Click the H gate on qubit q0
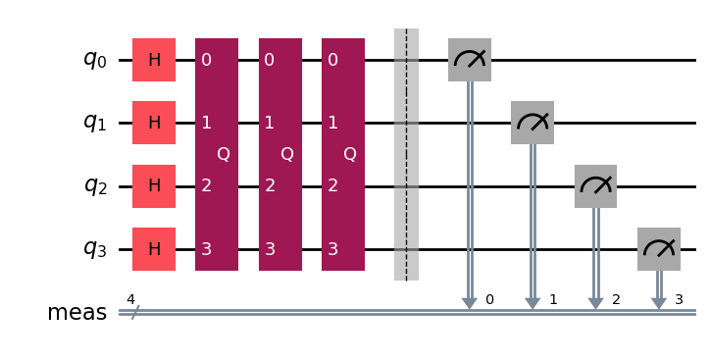pos(154,60)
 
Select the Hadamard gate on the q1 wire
pos(154,123)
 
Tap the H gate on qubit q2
pos(154,185)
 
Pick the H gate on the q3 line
pos(154,248)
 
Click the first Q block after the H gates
pos(217,154)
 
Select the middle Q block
pos(279,154)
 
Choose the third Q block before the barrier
pos(343,154)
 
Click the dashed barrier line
pos(406,154)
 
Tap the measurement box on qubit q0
pos(469,60)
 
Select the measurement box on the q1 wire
pos(532,123)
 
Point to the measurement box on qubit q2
pos(595,185)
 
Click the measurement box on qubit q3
pos(658,248)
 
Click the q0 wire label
pos(94,60)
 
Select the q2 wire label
pos(94,185)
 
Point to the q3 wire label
pos(94,248)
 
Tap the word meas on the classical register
pos(76,313)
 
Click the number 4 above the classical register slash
pos(130,298)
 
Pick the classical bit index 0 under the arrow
pos(489,298)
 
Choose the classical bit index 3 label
pos(679,298)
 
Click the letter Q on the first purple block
pos(224,154)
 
